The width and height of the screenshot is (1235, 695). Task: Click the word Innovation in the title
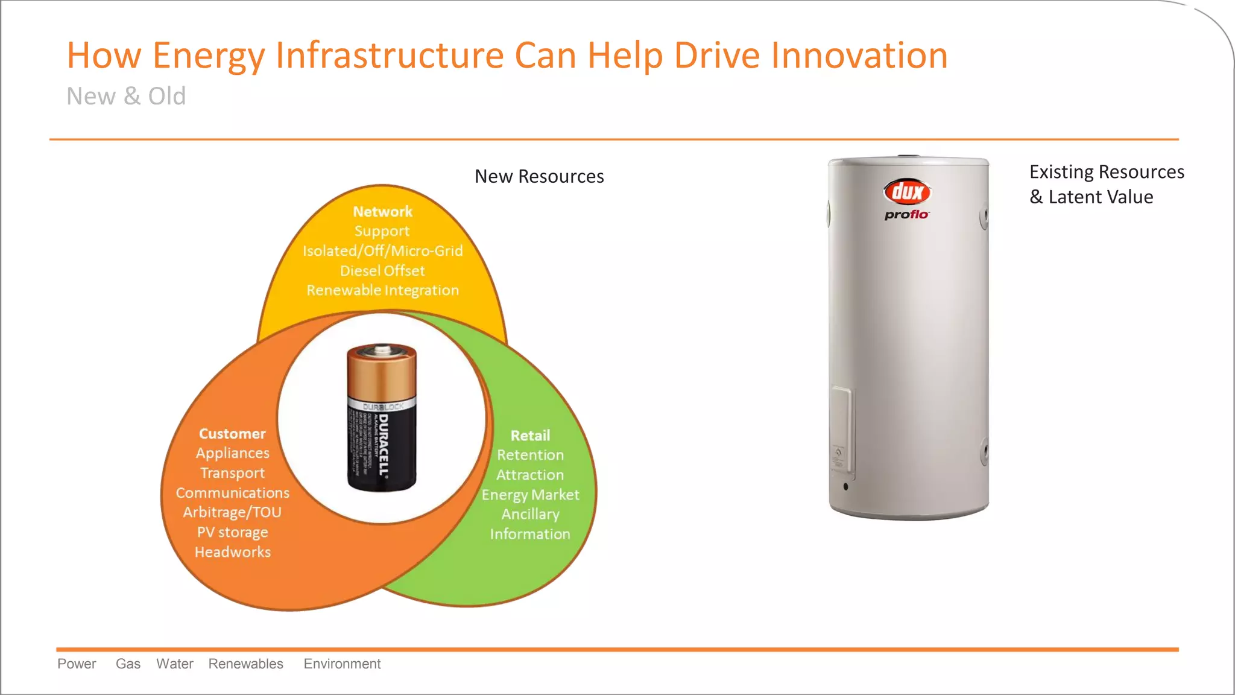coord(859,56)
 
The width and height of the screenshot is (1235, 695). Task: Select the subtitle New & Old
coord(126,97)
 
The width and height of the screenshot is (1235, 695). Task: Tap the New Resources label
coord(539,176)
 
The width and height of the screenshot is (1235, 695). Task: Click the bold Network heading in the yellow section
coord(382,212)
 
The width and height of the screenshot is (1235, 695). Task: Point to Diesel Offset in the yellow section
coord(382,271)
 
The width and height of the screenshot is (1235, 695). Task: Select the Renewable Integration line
coord(382,290)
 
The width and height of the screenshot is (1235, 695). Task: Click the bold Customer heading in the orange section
coord(232,434)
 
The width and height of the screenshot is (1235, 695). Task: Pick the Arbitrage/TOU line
coord(232,512)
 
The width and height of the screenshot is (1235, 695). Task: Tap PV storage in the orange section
coord(232,532)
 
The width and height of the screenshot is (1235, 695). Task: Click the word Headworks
coord(232,552)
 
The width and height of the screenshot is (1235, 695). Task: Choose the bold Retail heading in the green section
coord(530,436)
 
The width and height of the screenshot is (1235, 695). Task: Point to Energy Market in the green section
coord(530,495)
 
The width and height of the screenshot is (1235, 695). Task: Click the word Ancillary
coord(530,514)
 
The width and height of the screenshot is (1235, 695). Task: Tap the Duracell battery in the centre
coord(382,417)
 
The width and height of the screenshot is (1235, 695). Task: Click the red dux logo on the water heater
coord(907,192)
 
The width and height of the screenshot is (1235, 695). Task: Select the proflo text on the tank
coord(906,215)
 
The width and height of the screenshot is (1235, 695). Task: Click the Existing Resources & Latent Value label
coord(1106,184)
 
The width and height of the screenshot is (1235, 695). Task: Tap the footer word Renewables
coord(245,664)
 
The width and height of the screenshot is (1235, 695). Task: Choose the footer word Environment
coord(342,664)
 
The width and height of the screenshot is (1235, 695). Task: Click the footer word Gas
coord(128,664)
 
